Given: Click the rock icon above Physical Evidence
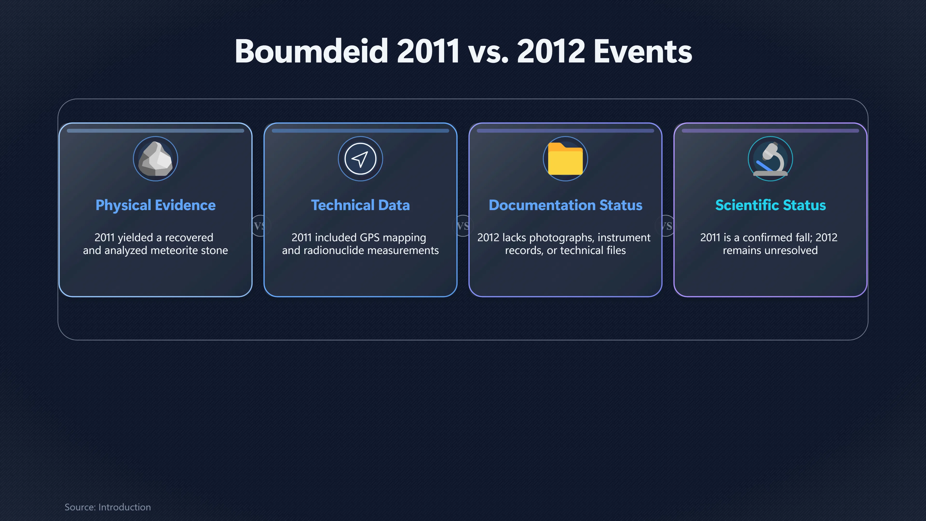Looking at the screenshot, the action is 155,158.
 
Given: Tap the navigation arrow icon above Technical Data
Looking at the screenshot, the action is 360,158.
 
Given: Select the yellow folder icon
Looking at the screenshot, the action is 565,158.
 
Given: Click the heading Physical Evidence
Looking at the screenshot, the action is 155,205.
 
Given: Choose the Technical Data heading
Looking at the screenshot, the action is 360,205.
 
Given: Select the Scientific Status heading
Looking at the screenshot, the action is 770,205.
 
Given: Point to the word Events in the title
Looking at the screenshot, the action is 643,51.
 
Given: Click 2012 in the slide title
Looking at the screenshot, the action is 551,51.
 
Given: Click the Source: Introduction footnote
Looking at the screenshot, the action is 108,507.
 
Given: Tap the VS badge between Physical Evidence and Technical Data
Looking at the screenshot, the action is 259,226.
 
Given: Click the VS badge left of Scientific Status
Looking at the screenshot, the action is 667,226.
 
